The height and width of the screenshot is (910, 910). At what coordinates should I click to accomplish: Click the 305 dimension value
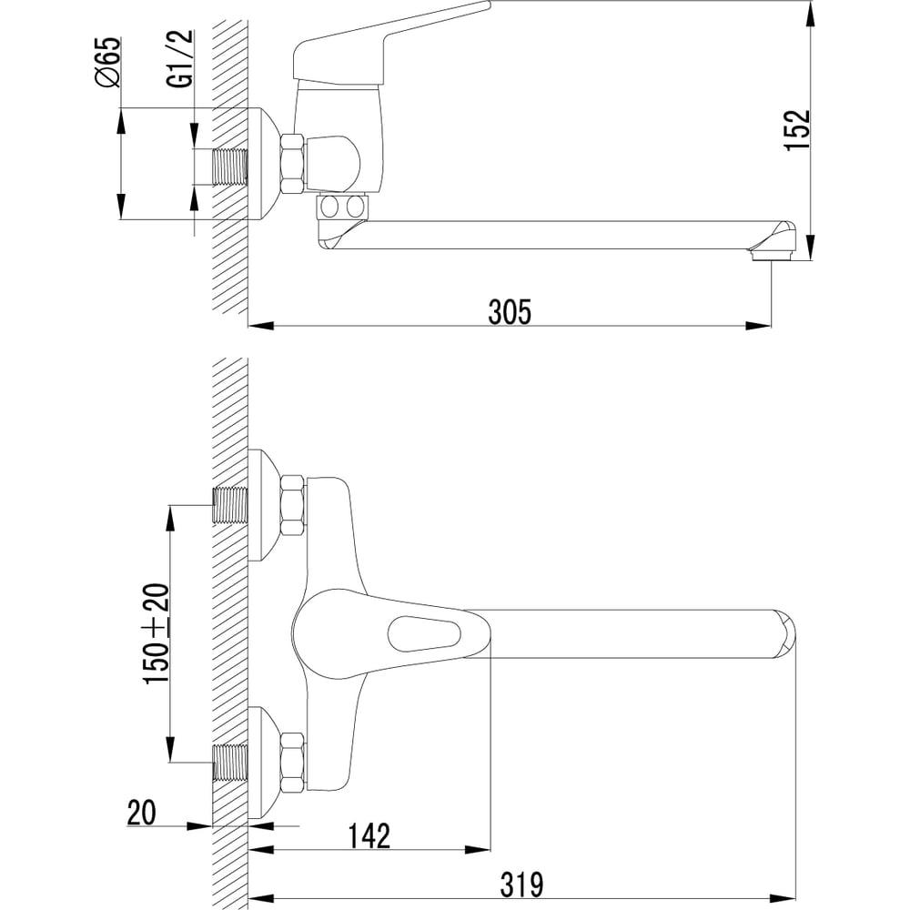point(510,311)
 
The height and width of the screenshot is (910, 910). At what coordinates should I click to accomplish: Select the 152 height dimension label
point(797,130)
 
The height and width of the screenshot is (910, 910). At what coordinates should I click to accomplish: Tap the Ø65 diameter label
point(108,62)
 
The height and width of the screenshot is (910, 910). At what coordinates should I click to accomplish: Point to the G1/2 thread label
point(180,58)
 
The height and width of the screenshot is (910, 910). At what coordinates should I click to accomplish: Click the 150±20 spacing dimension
point(157,633)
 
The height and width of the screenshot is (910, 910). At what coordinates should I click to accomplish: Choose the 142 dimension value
point(369,835)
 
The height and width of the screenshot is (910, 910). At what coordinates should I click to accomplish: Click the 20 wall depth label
point(142,813)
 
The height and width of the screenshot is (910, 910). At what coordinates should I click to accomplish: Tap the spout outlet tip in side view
point(770,254)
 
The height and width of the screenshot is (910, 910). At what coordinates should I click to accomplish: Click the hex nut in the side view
point(292,164)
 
